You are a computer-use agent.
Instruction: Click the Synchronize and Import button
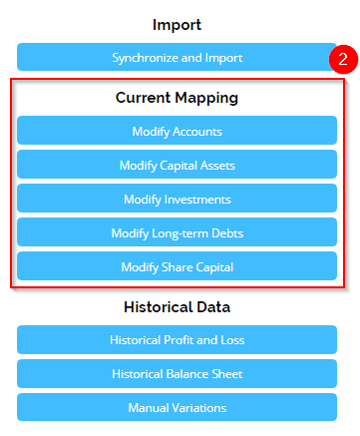tap(177, 57)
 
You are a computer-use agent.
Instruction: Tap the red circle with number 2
tap(341, 59)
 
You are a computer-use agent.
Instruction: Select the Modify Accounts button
tap(177, 131)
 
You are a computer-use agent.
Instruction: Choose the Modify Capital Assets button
tap(177, 165)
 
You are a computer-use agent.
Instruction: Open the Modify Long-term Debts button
tap(177, 232)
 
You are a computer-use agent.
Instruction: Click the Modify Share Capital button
tap(177, 266)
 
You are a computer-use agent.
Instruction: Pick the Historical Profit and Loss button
tap(177, 339)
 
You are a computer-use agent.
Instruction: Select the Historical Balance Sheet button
tap(177, 373)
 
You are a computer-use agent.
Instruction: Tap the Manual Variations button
tap(177, 407)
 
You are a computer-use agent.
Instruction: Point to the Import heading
tap(177, 24)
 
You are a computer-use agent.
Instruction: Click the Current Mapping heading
tap(177, 98)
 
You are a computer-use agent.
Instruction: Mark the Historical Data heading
tap(177, 306)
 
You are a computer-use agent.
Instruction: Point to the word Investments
tap(196, 199)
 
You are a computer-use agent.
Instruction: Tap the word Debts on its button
tap(224, 232)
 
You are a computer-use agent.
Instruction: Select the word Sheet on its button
tap(225, 373)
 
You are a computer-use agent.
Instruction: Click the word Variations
tap(198, 407)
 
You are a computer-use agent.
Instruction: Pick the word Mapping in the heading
tap(209, 98)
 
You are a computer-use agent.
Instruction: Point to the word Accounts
tap(198, 131)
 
